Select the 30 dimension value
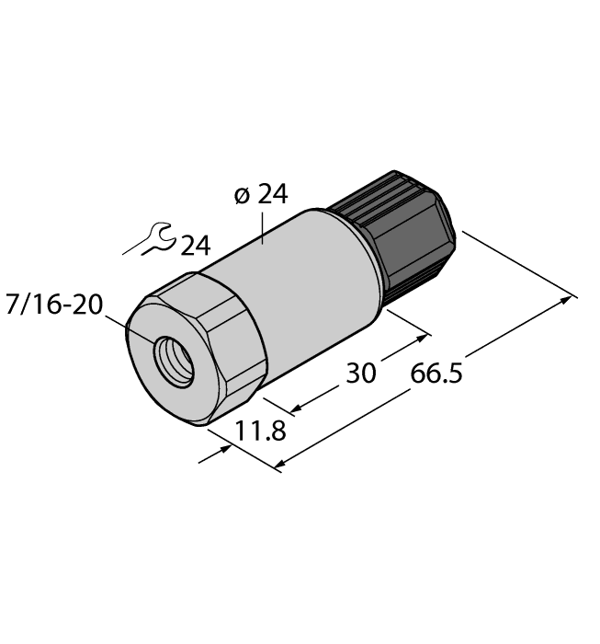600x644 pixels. pyautogui.click(x=361, y=373)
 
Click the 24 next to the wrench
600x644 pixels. pyautogui.click(x=195, y=247)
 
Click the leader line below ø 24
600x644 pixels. pyautogui.click(x=266, y=228)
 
